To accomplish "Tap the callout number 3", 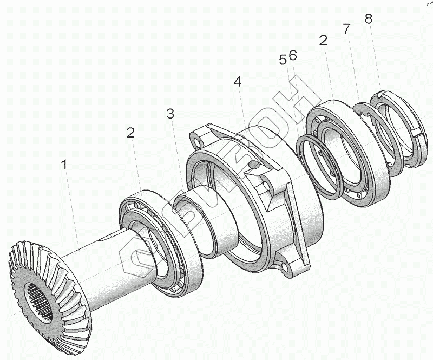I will point(170,114).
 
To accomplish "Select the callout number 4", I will point(237,82).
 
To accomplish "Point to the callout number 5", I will point(283,60).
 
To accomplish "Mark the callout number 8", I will point(369,19).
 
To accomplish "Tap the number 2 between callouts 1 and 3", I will point(130,133).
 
